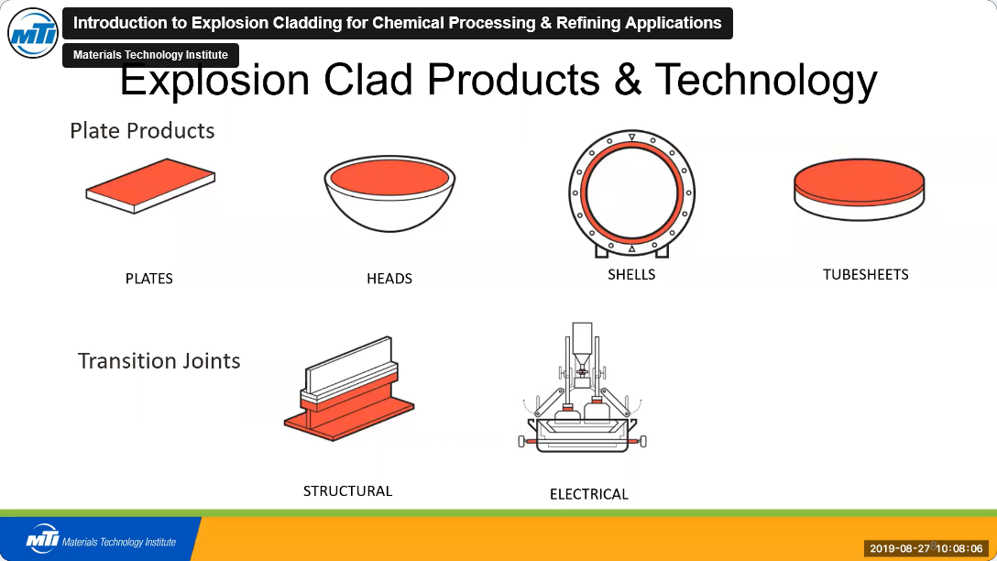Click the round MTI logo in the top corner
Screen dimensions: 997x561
coord(33,33)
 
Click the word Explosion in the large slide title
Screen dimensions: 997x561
coord(214,80)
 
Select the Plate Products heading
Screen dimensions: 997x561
coord(142,130)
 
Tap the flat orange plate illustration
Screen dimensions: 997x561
coord(150,186)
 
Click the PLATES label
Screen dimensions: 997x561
coord(148,279)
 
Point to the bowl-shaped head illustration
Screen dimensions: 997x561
coord(389,193)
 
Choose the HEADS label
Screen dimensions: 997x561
coord(389,279)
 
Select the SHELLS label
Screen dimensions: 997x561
coord(631,275)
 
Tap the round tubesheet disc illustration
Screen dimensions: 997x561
coord(859,190)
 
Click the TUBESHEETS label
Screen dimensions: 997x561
coord(865,275)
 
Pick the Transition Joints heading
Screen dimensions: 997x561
coord(159,360)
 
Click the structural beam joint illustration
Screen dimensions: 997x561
coord(349,390)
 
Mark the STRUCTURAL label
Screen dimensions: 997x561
coord(348,491)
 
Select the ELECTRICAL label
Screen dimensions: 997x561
coord(589,494)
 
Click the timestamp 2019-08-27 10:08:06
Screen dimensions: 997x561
coord(926,548)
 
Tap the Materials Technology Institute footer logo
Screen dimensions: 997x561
coord(101,539)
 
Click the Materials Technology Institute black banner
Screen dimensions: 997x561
coord(150,55)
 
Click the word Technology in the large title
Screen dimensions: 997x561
coord(765,80)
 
